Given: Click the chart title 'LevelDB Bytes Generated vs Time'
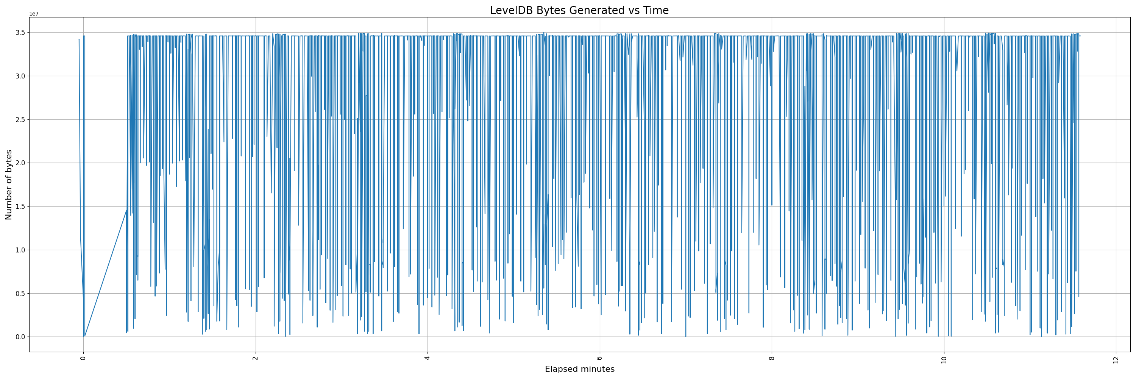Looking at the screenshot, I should point(579,11).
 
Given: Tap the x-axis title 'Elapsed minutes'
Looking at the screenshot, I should point(579,369).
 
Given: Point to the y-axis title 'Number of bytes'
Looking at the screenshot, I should point(9,185).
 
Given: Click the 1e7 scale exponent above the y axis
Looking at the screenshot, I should point(34,14).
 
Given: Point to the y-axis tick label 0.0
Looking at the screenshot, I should point(21,337).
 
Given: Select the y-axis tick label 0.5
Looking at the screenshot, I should point(21,293).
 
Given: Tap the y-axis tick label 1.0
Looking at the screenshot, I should point(21,250).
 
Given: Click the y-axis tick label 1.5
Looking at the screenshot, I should point(21,207).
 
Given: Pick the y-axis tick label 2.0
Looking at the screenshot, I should point(21,163).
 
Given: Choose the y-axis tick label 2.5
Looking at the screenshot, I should point(21,119).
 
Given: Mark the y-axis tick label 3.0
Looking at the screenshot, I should point(21,76).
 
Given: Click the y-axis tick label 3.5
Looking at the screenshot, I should point(21,33).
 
